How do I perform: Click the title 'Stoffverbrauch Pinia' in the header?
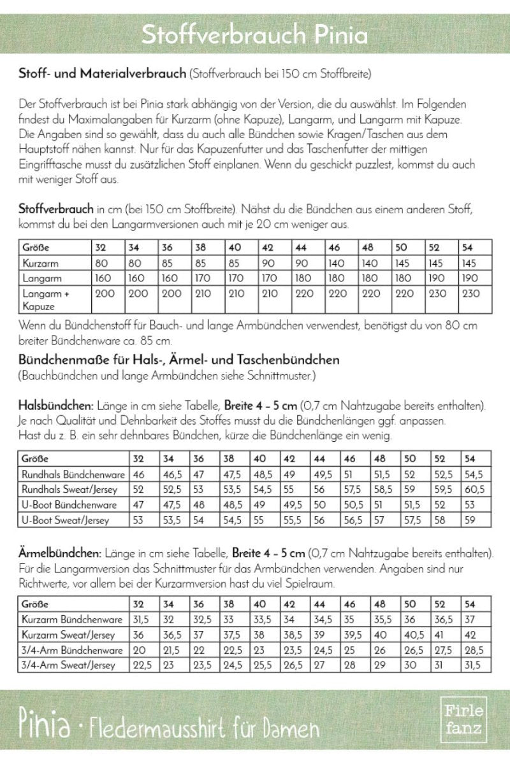(254, 35)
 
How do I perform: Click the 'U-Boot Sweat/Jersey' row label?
(66, 520)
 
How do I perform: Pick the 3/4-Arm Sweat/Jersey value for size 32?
(140, 665)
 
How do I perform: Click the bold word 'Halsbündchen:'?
(57, 406)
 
